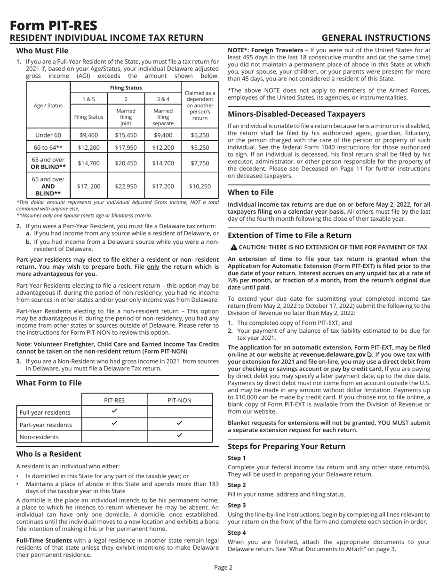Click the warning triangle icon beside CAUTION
click(231, 247)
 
